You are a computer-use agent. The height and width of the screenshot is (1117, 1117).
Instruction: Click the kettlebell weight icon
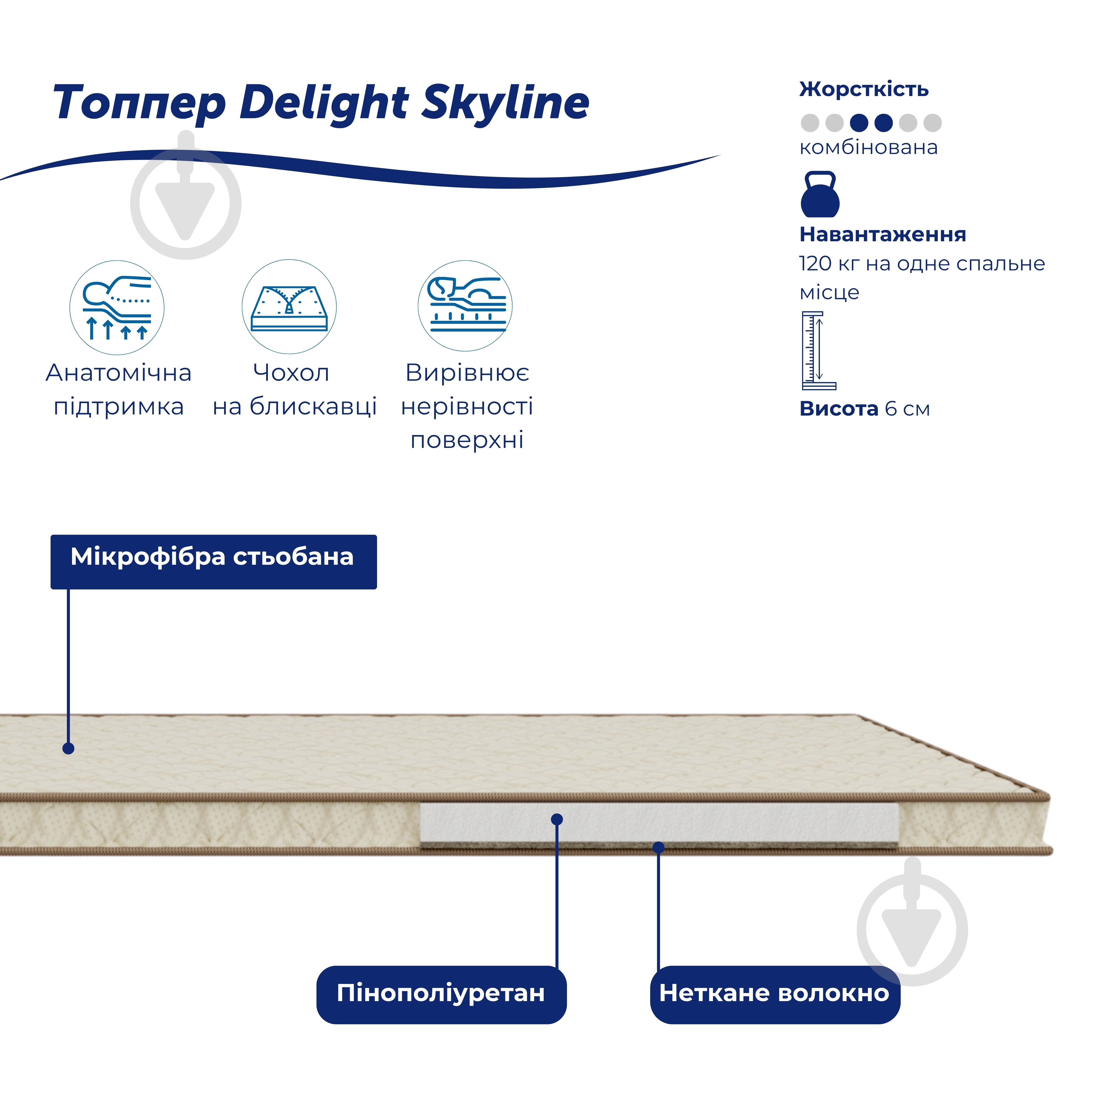click(x=820, y=194)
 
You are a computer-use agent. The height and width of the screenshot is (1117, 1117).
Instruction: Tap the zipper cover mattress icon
click(x=289, y=306)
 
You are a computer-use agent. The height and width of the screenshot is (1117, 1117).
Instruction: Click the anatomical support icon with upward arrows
click(x=117, y=308)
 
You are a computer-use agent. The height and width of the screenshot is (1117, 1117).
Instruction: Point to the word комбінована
click(x=868, y=148)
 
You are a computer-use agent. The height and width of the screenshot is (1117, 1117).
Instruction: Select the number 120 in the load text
click(x=815, y=264)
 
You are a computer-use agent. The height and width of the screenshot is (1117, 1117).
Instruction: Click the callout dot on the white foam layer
click(x=557, y=819)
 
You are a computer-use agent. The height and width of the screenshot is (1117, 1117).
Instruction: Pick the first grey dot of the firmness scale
click(x=809, y=123)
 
